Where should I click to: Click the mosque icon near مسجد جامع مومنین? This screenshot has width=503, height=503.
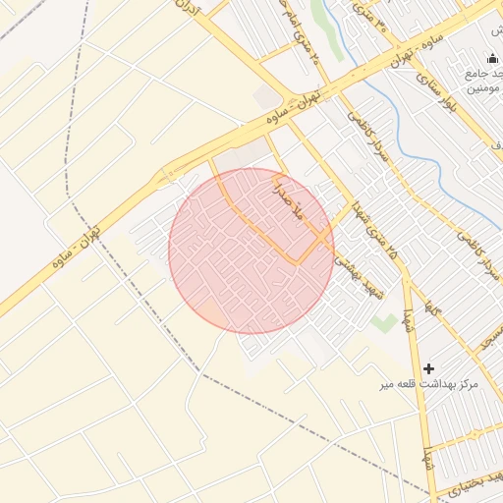point(492,59)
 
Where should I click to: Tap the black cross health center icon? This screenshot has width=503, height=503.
point(427,368)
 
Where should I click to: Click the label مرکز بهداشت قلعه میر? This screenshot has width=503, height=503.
point(429,384)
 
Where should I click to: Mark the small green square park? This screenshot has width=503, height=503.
point(384,322)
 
